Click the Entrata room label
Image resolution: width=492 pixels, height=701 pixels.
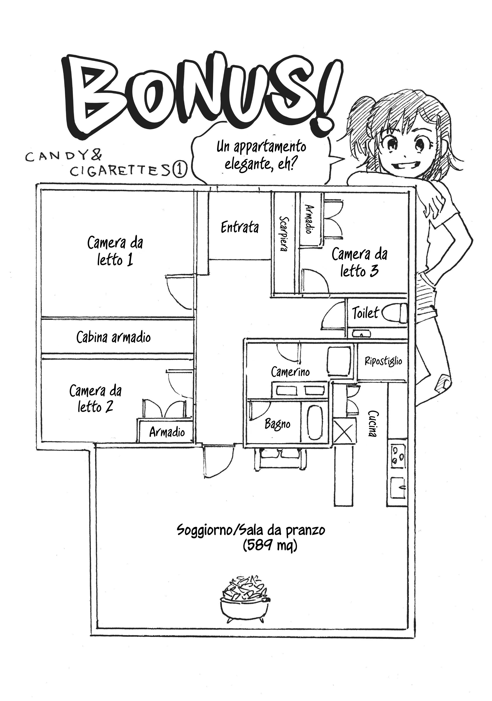pyautogui.click(x=239, y=227)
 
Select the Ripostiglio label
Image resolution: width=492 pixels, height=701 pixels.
pyautogui.click(x=383, y=361)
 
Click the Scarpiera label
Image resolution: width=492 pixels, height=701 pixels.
pyautogui.click(x=284, y=234)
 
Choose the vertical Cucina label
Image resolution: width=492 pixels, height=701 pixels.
pyautogui.click(x=373, y=424)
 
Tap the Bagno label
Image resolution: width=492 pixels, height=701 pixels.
pyautogui.click(x=277, y=424)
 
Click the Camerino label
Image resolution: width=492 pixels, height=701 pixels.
pyautogui.click(x=290, y=371)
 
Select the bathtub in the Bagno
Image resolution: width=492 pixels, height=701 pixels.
pyautogui.click(x=315, y=423)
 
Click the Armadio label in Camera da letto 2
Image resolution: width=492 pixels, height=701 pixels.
pyautogui.click(x=167, y=432)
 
